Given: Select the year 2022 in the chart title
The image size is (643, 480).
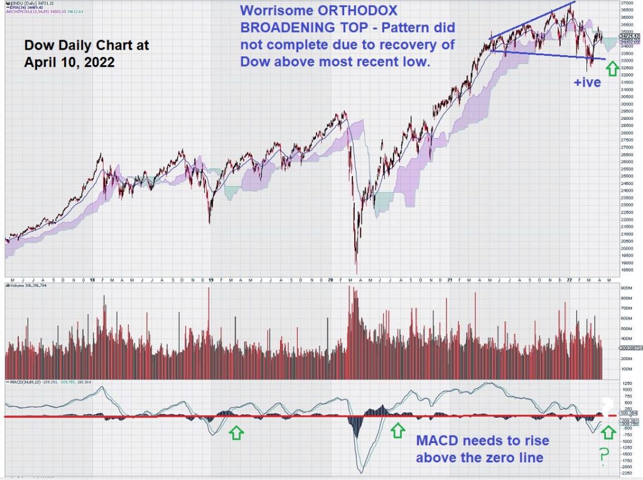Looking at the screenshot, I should pos(97,63).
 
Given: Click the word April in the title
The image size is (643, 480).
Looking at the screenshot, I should pos(41,63).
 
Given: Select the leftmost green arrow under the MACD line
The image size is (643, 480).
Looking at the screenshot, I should pos(235,432).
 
